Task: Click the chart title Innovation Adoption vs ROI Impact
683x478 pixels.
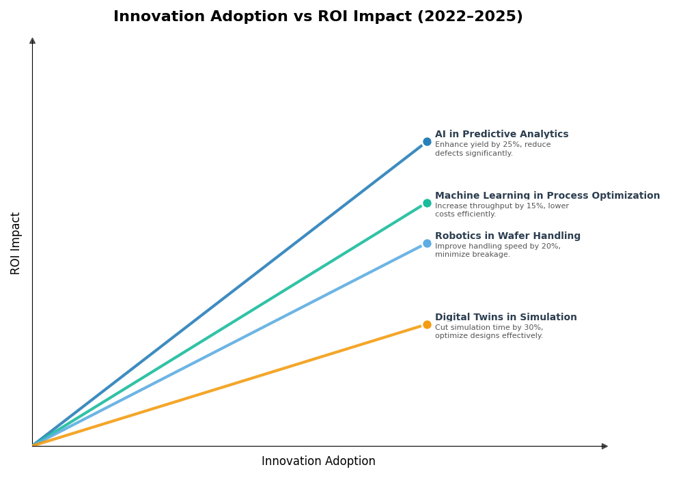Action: [318, 17]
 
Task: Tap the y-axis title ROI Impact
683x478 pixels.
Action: [16, 243]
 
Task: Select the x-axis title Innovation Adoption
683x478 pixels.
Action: [318, 462]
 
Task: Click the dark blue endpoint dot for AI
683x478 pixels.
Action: [427, 142]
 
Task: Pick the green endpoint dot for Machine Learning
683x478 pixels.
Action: [427, 203]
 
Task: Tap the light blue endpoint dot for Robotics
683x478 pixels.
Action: [427, 244]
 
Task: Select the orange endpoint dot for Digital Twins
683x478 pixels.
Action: [427, 325]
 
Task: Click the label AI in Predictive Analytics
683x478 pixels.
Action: [501, 135]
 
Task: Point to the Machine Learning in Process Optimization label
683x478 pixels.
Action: [547, 196]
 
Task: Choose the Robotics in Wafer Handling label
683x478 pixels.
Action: [507, 236]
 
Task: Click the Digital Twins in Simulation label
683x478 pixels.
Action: [505, 318]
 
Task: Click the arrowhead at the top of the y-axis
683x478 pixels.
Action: [32, 41]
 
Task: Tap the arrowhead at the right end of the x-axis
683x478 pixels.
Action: [604, 447]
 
